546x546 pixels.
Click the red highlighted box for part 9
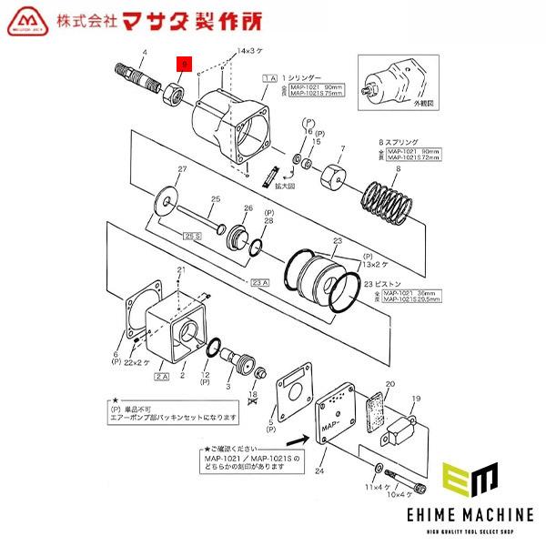(x=184, y=64)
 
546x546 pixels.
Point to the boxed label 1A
(x=268, y=80)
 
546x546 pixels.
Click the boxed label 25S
(x=192, y=236)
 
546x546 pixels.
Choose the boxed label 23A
(x=258, y=280)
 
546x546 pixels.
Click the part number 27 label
(x=181, y=169)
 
